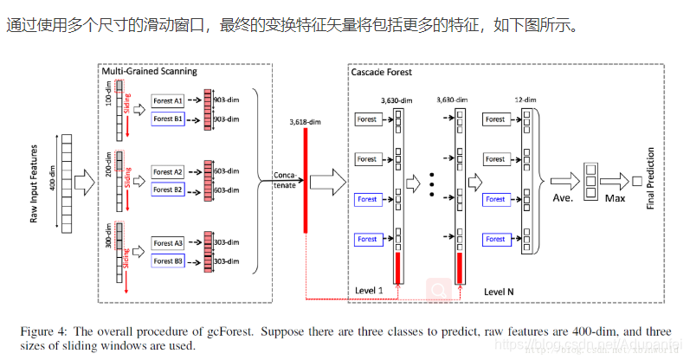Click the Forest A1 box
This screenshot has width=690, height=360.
point(168,100)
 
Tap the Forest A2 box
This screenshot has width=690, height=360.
point(168,172)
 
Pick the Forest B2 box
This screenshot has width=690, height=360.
point(168,189)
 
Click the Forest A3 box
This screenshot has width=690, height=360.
point(168,244)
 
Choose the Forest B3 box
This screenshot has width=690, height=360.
point(168,260)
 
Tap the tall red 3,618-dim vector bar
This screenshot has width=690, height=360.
point(305,182)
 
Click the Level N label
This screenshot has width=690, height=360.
point(499,292)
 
